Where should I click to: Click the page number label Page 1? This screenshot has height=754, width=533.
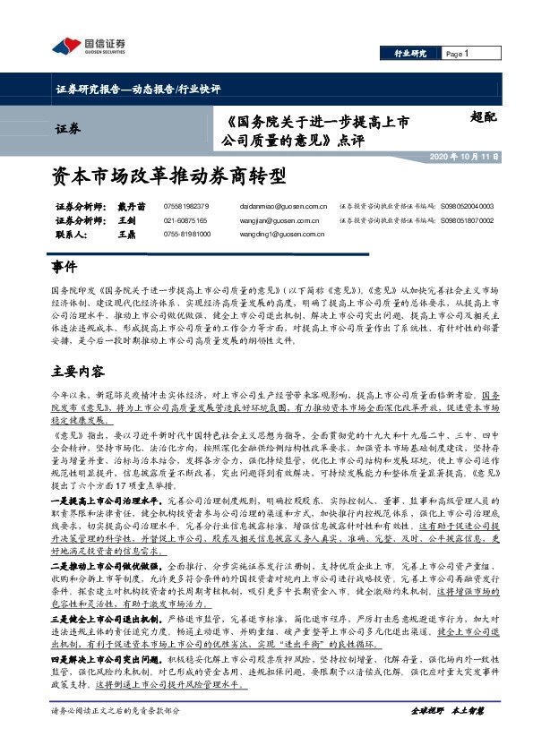(x=457, y=54)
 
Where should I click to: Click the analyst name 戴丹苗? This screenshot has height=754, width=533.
(x=132, y=206)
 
